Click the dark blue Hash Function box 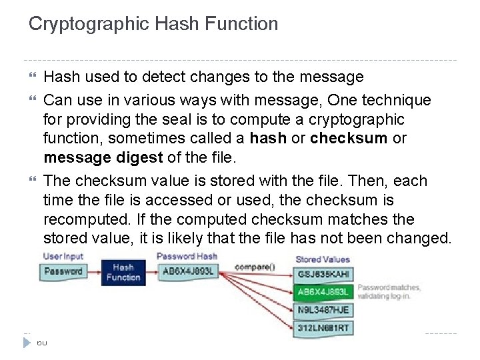[x=123, y=272]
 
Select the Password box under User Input [x=64, y=271]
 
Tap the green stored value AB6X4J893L [x=323, y=292]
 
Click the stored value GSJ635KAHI [x=323, y=274]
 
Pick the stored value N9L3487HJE [x=323, y=310]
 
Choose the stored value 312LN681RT [x=323, y=327]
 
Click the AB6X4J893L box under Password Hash [x=188, y=271]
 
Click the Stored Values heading [x=322, y=259]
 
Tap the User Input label [x=63, y=257]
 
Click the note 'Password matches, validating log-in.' [x=389, y=291]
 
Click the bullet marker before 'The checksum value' [x=35, y=181]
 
